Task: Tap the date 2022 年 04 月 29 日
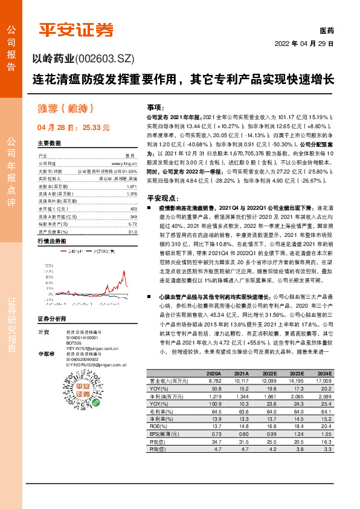click(304, 44)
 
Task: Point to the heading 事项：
click(155, 105)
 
